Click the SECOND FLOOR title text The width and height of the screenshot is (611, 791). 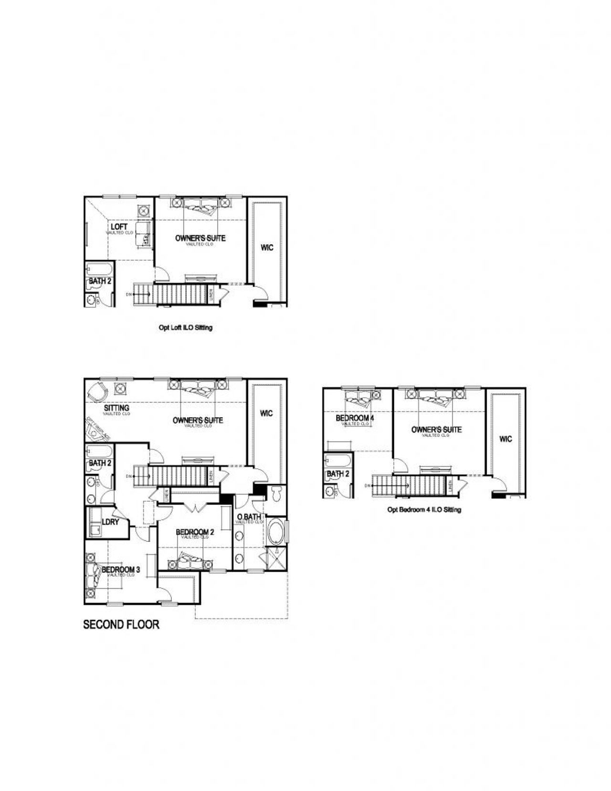click(x=121, y=624)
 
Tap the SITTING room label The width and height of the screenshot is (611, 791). click(x=116, y=408)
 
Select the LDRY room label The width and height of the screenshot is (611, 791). click(x=110, y=522)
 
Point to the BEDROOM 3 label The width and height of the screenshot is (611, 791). click(x=121, y=570)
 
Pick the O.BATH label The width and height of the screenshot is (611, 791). click(x=249, y=517)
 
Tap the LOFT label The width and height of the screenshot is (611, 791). click(x=119, y=226)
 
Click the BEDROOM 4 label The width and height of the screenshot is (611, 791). click(x=355, y=418)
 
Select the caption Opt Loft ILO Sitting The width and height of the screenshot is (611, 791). click(x=185, y=328)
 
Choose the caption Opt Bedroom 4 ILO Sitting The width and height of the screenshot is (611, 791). click(x=424, y=510)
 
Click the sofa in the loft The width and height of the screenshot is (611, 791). click(x=143, y=233)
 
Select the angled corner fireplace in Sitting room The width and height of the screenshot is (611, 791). click(x=98, y=432)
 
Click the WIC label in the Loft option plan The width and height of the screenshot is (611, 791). click(x=267, y=248)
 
